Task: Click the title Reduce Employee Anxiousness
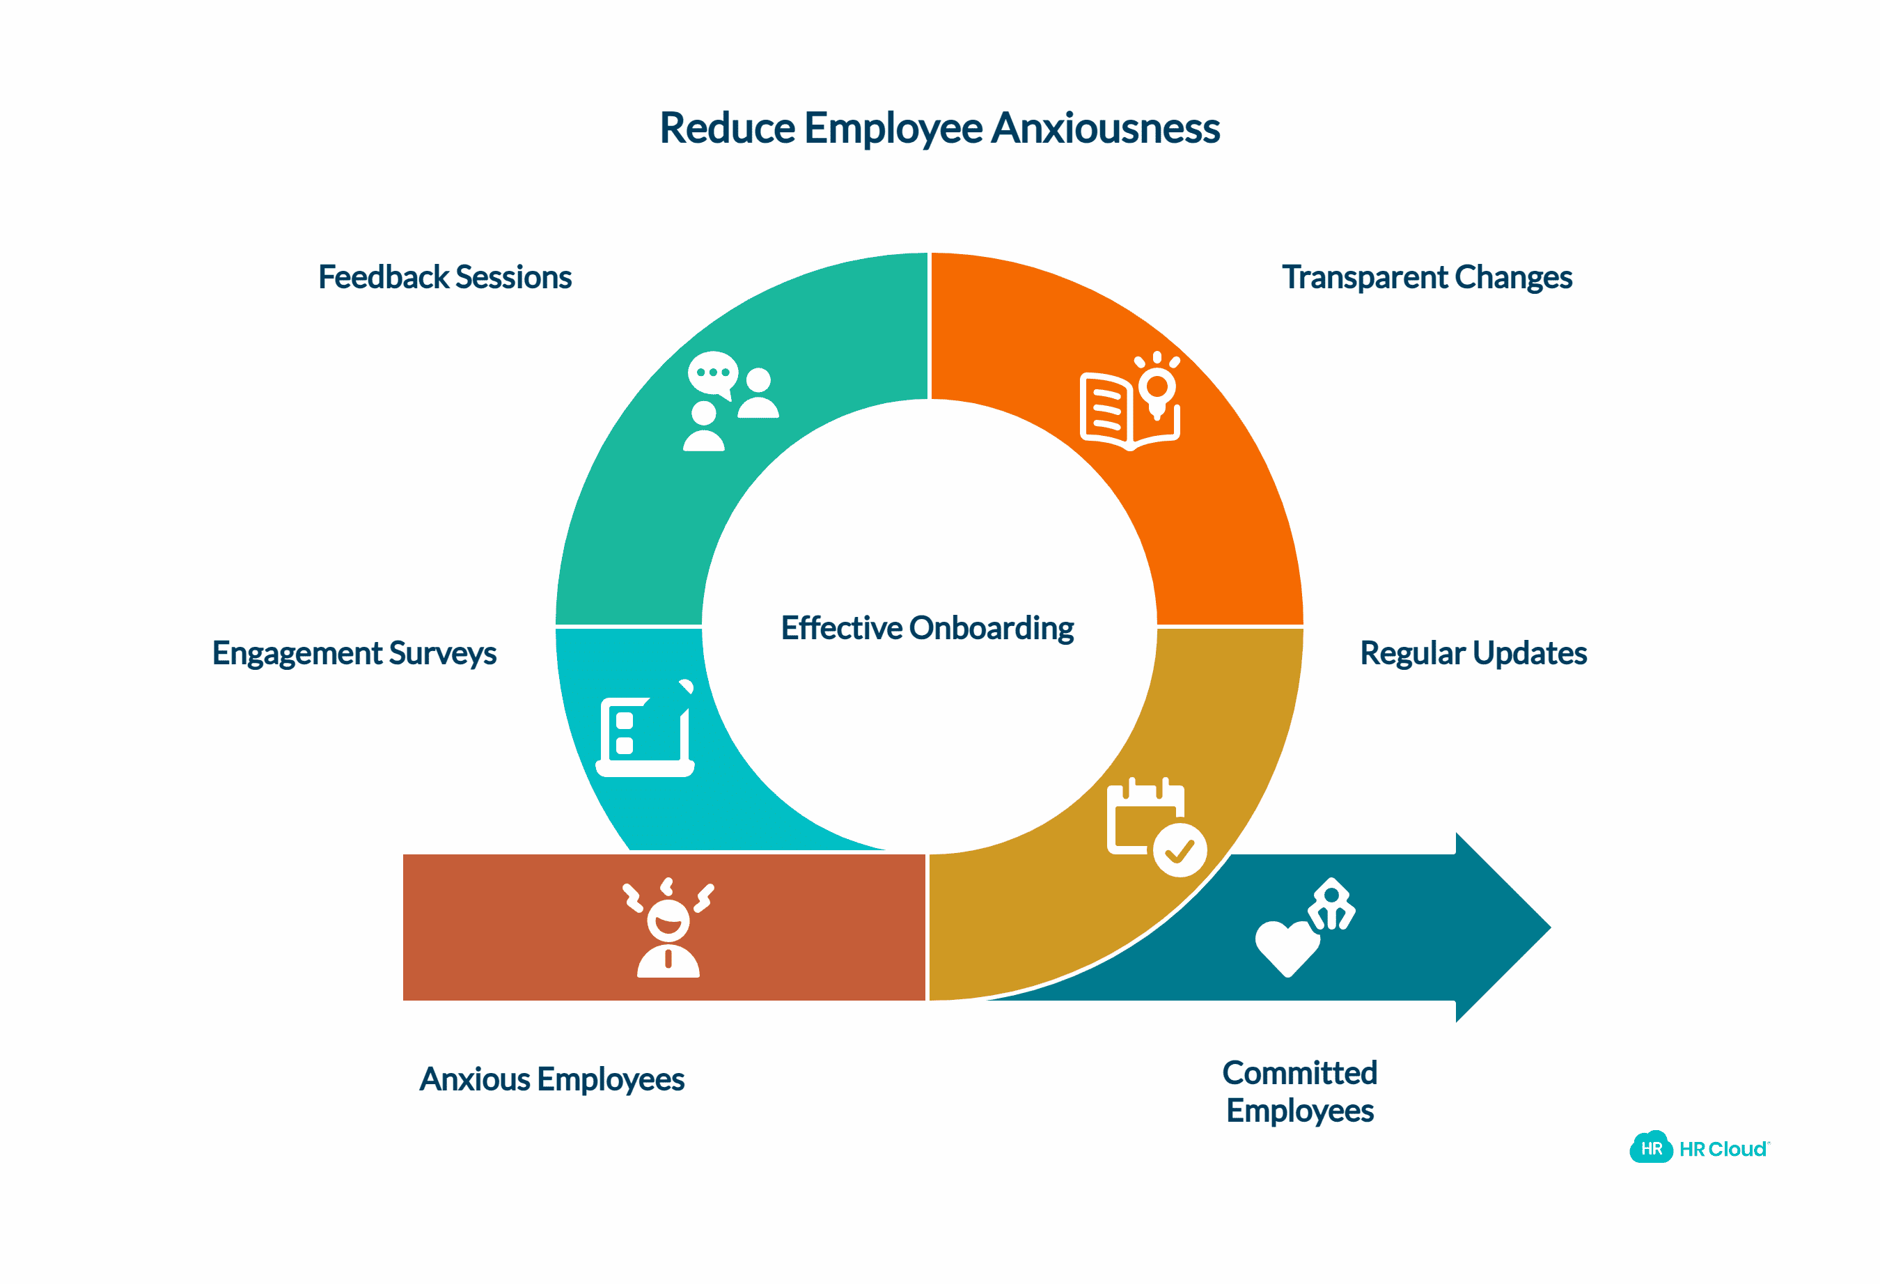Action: (x=939, y=128)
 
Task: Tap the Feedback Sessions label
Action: (x=445, y=276)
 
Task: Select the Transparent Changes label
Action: (x=1427, y=276)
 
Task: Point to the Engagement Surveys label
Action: (x=354, y=653)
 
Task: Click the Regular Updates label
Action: (x=1473, y=653)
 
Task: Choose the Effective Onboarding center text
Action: (x=927, y=628)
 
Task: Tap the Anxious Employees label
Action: (x=551, y=1079)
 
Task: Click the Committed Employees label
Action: (x=1300, y=1091)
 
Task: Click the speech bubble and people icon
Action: (x=730, y=400)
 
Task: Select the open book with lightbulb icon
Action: (x=1130, y=401)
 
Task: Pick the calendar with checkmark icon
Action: (x=1156, y=826)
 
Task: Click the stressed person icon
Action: (x=668, y=928)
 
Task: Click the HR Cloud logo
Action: (x=1699, y=1149)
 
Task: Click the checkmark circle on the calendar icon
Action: (x=1180, y=850)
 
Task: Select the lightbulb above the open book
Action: (x=1158, y=385)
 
